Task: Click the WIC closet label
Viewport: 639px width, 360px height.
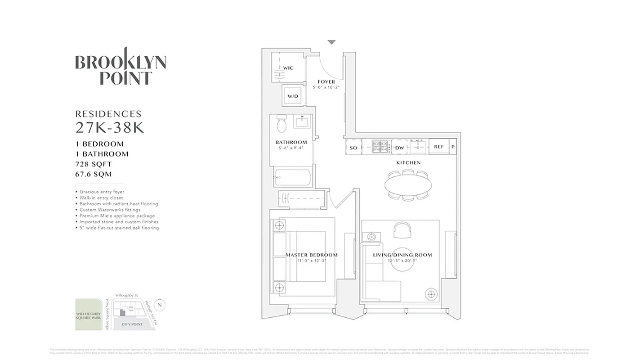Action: click(x=288, y=68)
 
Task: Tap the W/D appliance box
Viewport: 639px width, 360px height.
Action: click(x=293, y=96)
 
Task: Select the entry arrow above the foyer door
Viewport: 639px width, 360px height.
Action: click(x=331, y=42)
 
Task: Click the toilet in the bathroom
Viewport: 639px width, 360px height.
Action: click(x=282, y=124)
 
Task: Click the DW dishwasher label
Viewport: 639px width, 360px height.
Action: click(x=399, y=148)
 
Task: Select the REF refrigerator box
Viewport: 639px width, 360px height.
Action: click(x=439, y=147)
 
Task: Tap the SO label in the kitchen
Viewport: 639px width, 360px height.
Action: click(x=353, y=148)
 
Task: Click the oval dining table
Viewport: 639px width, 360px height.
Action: click(x=408, y=184)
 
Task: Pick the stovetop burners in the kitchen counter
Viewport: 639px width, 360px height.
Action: click(x=380, y=147)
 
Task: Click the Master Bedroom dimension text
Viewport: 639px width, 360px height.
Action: click(x=311, y=261)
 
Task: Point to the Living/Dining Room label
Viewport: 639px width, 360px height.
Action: click(x=402, y=255)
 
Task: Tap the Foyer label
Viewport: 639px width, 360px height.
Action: click(x=326, y=81)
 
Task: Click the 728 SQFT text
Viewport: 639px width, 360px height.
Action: click(x=94, y=164)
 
